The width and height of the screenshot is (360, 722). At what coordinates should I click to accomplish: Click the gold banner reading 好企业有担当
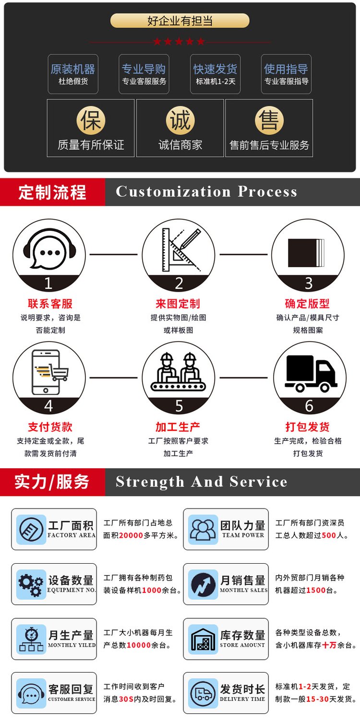coord(180,21)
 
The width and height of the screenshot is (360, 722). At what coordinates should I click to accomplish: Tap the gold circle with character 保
coord(91,121)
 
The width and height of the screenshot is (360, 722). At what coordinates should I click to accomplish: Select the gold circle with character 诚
coord(180,121)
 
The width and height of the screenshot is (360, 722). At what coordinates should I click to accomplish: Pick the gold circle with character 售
coord(269,121)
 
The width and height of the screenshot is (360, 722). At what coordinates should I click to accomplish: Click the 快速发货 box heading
coord(216,69)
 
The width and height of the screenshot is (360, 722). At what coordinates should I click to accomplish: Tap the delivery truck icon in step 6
coord(310,374)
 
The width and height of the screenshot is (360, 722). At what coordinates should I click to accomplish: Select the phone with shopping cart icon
coord(49,372)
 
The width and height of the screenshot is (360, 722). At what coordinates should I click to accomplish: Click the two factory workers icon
coord(179,372)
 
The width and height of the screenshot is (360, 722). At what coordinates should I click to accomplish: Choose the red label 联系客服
coord(50,304)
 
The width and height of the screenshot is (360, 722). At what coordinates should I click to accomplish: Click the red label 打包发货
coord(308,427)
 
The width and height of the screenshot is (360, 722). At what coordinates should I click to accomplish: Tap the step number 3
coord(309,284)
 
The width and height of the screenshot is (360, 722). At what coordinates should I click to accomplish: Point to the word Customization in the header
coord(173,192)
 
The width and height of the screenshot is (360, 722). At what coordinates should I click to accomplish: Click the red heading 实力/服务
coord(52,482)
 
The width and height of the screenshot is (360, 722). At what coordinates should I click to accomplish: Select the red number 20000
coord(131,535)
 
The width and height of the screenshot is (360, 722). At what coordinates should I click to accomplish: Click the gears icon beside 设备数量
coord(31,584)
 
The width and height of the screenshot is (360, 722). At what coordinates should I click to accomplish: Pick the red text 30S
coord(126,699)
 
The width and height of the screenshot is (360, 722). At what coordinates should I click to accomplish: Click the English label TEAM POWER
coord(243,535)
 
